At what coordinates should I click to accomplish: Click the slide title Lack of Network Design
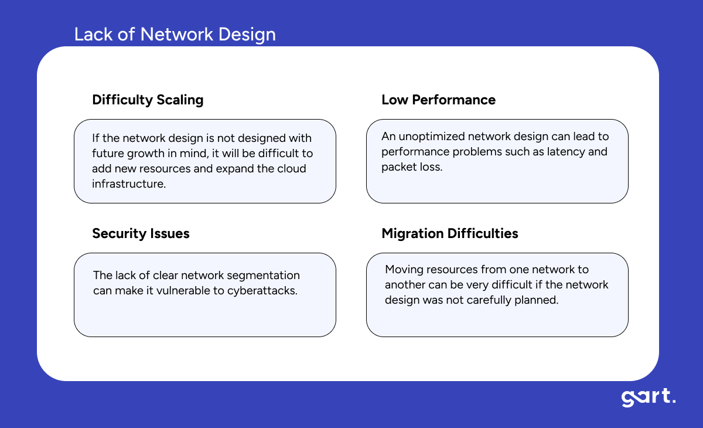(175, 35)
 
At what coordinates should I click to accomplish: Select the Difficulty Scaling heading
(148, 100)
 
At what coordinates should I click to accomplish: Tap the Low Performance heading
(438, 100)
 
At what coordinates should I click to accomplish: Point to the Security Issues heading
(141, 233)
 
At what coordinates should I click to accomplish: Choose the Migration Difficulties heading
(449, 233)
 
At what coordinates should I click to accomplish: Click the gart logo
(648, 398)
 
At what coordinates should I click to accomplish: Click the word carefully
(489, 300)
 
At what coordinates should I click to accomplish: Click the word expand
(234, 168)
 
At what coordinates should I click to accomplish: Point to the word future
(108, 154)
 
